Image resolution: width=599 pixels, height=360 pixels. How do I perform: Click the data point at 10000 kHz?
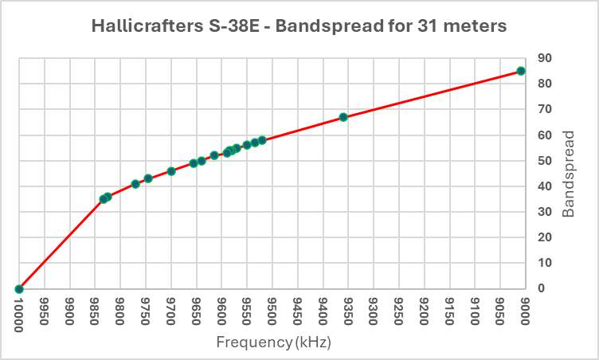18,289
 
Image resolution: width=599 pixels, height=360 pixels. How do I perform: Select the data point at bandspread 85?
521,71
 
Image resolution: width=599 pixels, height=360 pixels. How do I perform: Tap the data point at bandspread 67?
343,117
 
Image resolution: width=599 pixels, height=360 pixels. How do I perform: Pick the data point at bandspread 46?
171,171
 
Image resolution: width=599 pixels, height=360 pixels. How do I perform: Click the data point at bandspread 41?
135,184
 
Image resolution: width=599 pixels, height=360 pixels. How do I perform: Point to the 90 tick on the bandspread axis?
546,58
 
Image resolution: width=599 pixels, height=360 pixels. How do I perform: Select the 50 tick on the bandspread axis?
546,161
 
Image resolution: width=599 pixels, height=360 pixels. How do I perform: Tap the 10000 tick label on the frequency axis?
19,312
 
